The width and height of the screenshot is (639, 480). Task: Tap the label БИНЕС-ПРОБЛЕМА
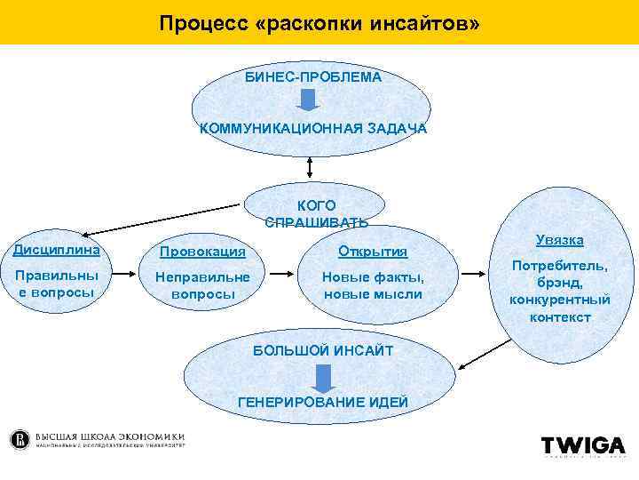[x=313, y=77]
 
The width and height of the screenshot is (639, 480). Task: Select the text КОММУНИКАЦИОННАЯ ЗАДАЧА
[x=312, y=129]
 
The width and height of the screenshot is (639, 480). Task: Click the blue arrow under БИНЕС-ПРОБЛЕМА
[x=307, y=100]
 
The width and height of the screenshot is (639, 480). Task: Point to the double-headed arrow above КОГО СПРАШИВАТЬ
[x=309, y=165]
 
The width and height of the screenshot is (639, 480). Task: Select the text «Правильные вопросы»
[x=55, y=284]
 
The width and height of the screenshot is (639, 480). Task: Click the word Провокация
[x=201, y=252]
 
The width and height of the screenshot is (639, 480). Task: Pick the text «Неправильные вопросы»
[x=202, y=285]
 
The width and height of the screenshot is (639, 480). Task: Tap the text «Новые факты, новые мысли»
[x=373, y=285]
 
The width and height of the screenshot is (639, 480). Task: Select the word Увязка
[x=559, y=240]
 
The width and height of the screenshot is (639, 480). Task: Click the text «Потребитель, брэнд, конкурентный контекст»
[x=559, y=292]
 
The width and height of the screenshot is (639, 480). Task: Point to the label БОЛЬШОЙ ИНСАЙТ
[x=322, y=351]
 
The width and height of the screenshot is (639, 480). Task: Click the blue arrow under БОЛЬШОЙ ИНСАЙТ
[x=323, y=377]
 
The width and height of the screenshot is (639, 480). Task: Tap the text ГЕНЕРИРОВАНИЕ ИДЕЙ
[x=324, y=403]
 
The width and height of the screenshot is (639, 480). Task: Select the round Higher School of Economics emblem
[x=20, y=440]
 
